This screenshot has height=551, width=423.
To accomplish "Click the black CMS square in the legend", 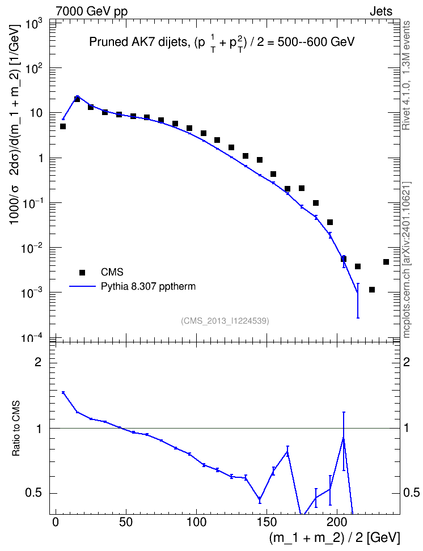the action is point(82,272).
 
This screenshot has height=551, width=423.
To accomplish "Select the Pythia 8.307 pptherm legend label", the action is point(148,287).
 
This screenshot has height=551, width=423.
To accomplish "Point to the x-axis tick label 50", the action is point(126,522).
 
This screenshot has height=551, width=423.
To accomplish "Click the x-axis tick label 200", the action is point(337,522).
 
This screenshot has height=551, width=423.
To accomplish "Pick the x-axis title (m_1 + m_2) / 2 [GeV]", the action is point(335,538).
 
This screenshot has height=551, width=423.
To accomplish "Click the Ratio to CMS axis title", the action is point(16,428).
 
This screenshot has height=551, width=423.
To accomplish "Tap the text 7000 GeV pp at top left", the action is point(91,11).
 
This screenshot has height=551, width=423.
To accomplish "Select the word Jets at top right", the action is point(381,11).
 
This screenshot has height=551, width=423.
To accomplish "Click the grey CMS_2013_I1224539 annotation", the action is point(225,321).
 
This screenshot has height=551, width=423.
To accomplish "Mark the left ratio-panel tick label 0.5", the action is point(33,493).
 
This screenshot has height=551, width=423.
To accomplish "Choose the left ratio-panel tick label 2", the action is point(37,362).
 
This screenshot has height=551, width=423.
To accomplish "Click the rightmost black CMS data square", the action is point(386,262).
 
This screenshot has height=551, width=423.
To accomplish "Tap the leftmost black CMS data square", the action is point(63,126).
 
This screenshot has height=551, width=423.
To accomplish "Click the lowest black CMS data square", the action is point(371,290).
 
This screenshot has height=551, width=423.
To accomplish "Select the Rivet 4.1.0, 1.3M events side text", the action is point(406,75).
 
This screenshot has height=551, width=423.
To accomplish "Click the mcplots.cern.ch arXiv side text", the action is point(406,260).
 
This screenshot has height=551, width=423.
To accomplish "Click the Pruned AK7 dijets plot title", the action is point(222,43).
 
